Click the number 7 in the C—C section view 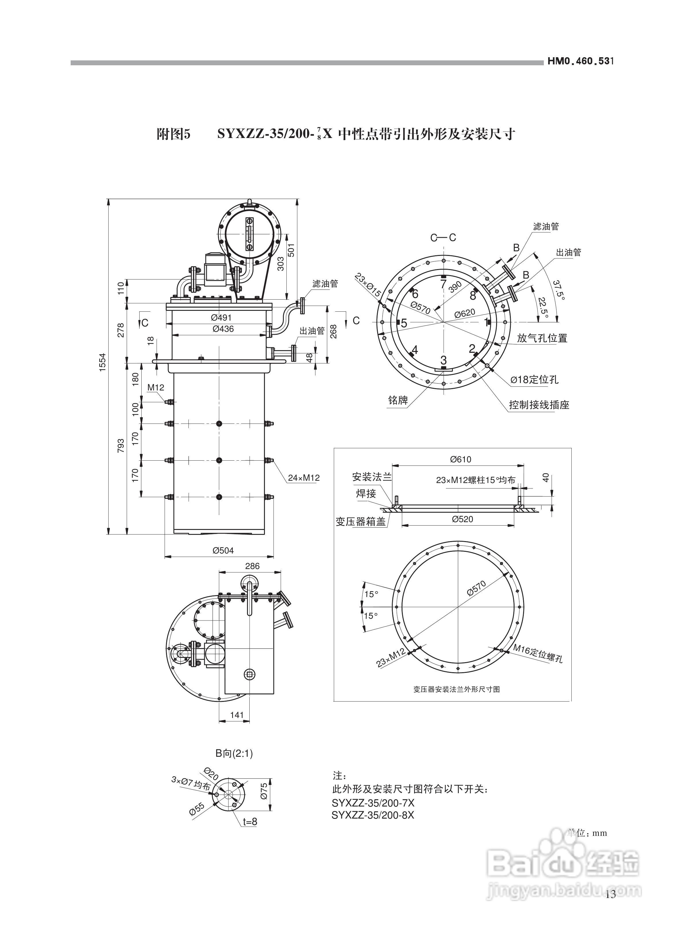[444, 284]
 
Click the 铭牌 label [398, 400]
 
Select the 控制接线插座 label [539, 405]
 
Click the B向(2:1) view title [234, 754]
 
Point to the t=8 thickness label [250, 821]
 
